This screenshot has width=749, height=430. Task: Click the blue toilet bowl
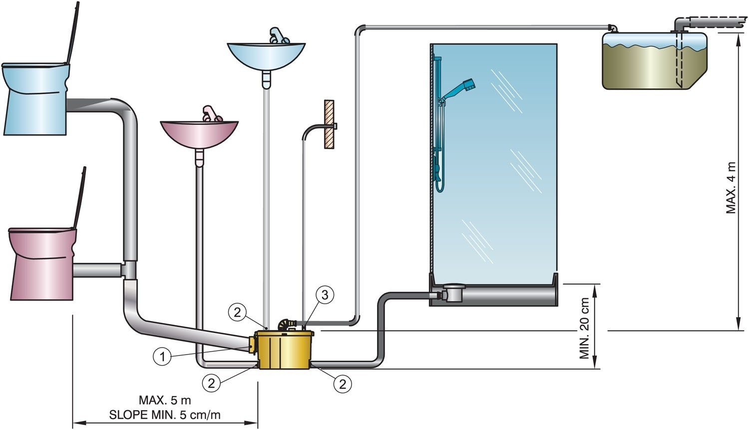[x=35, y=100]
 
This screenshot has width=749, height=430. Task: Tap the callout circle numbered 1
[x=161, y=357]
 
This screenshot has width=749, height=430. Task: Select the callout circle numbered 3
[x=325, y=295]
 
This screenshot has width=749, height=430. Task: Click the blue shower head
[x=467, y=84]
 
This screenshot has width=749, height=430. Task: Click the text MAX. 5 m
[x=165, y=400]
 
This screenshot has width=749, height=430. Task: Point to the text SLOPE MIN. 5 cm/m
[x=165, y=414]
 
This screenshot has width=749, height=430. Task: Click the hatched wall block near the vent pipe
[x=329, y=124]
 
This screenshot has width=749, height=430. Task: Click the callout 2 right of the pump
[x=343, y=384]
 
